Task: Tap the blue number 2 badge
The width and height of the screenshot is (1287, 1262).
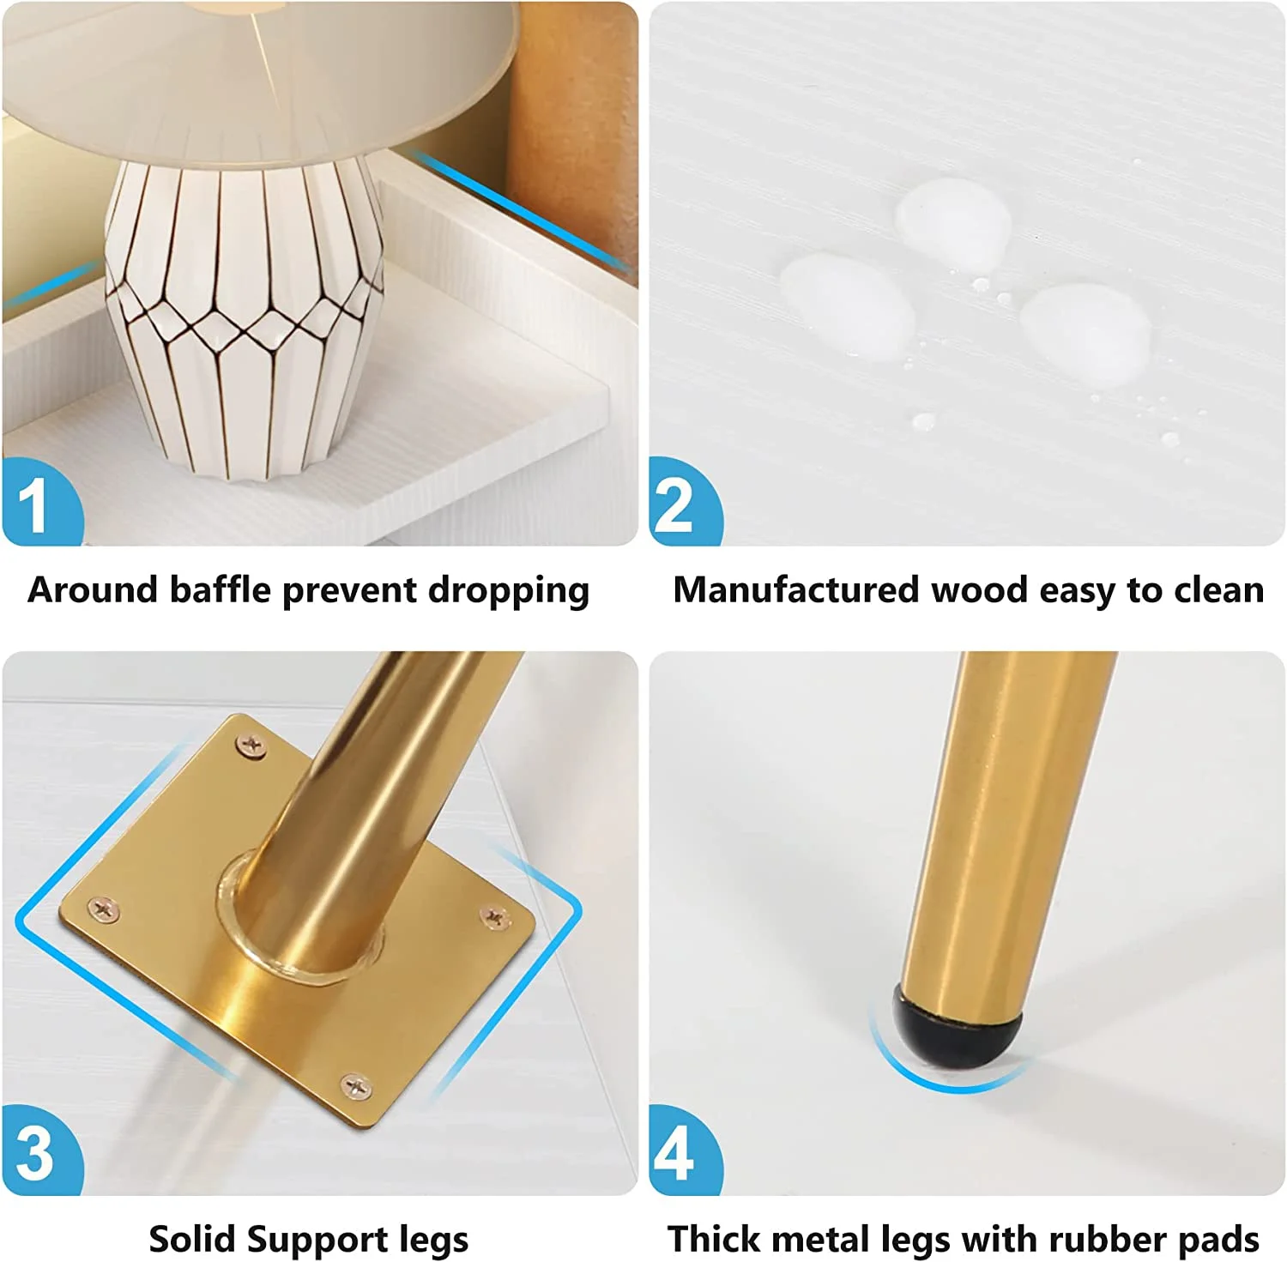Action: click(x=685, y=503)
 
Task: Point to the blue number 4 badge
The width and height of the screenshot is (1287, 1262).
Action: click(x=685, y=1151)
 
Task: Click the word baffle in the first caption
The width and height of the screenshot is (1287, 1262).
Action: click(x=221, y=590)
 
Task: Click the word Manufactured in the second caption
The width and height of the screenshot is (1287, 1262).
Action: click(x=796, y=590)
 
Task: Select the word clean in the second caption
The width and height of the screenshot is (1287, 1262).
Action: click(x=1219, y=590)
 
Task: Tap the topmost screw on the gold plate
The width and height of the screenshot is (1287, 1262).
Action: click(x=251, y=746)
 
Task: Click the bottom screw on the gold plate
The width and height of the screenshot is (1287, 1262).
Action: click(x=356, y=1087)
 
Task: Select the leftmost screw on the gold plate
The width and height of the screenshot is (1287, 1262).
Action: click(x=104, y=909)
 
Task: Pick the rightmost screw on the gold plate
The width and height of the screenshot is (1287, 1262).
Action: click(x=495, y=918)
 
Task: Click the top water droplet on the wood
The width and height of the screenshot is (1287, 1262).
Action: click(x=953, y=221)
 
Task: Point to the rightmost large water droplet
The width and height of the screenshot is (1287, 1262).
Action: click(x=1086, y=335)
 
